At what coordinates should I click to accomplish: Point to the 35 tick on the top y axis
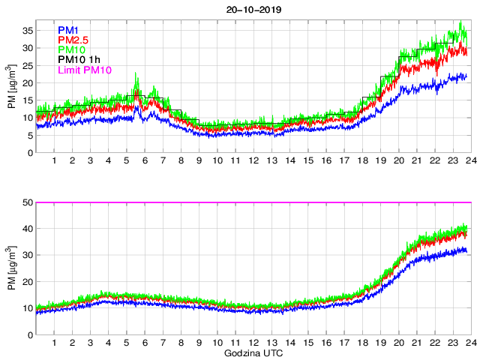pos(28,30)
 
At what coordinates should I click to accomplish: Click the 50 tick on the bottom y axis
pos(28,202)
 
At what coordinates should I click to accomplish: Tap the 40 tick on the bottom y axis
pos(28,229)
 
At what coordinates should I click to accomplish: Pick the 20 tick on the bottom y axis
pos(28,282)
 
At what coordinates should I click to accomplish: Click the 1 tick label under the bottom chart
pos(54,343)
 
